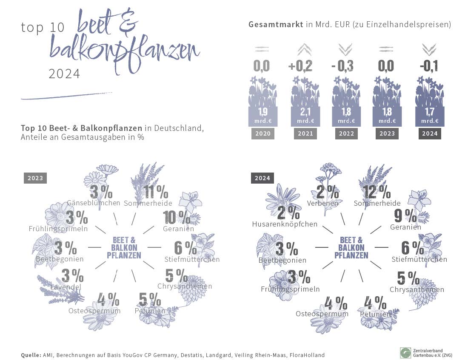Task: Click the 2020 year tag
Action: click(x=262, y=133)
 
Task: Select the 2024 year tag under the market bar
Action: click(x=429, y=133)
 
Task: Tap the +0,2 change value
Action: click(x=300, y=66)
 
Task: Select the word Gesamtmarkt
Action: click(x=276, y=25)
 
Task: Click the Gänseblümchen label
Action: click(x=94, y=203)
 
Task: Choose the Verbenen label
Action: click(x=322, y=203)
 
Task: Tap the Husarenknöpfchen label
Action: click(x=285, y=224)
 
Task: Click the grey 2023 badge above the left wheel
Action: click(x=35, y=178)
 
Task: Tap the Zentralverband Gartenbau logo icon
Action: click(x=405, y=352)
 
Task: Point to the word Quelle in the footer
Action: click(x=31, y=355)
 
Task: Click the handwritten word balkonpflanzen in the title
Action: click(x=123, y=51)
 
